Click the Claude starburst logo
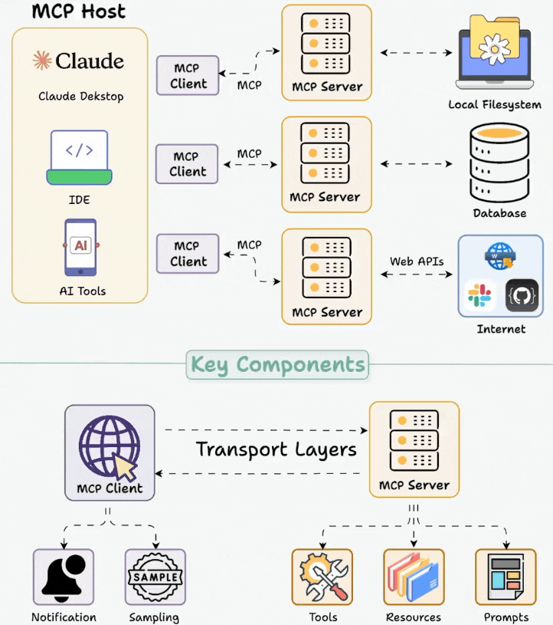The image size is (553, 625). (42, 60)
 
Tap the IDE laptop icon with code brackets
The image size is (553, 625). (79, 157)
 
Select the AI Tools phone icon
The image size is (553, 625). (81, 248)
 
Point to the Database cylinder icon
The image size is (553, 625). (499, 163)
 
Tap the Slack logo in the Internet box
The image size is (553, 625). (479, 295)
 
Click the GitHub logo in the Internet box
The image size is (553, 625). (522, 295)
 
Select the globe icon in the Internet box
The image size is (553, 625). (500, 256)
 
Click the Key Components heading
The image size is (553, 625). (277, 364)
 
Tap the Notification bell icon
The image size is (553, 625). (64, 577)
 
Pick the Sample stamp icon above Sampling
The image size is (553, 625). (155, 577)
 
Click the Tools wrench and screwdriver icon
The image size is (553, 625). (322, 577)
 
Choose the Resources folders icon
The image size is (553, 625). (414, 577)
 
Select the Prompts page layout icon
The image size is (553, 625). (506, 577)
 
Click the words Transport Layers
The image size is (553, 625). (276, 450)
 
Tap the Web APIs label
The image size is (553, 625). (417, 262)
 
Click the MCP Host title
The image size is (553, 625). (79, 12)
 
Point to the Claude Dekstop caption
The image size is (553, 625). (81, 97)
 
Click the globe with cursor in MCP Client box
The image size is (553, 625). (110, 448)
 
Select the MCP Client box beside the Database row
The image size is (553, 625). (187, 164)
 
